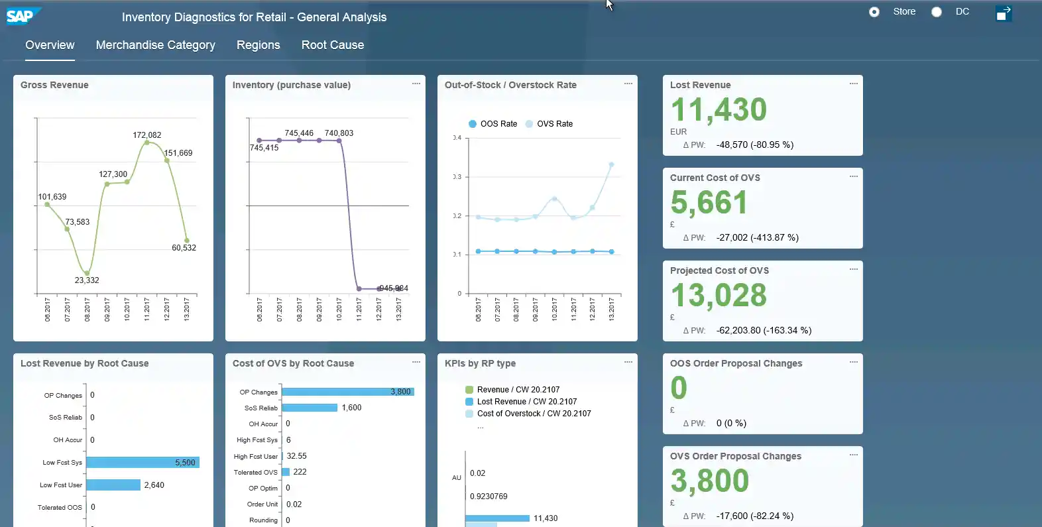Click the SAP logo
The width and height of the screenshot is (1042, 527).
[x=21, y=16]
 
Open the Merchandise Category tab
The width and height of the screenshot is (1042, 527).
[x=155, y=45]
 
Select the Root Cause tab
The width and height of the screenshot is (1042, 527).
[x=332, y=45]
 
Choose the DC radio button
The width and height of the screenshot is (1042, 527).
[x=937, y=12]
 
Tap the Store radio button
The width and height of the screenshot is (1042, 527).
[x=874, y=12]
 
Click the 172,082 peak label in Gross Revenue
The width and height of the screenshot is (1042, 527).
[x=146, y=135]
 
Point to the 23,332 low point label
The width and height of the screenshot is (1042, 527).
[x=87, y=280]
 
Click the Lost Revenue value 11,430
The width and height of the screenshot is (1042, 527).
[x=719, y=110]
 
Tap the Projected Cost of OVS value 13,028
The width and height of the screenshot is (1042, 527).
[x=719, y=296]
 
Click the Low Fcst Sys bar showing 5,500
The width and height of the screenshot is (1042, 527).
[x=142, y=463]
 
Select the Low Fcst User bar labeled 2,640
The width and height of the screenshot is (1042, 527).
[x=113, y=485]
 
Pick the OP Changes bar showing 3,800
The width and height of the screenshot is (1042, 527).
[x=347, y=392]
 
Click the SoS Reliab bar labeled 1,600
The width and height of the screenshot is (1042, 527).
[x=310, y=408]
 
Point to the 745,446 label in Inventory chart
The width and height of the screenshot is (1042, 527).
[x=299, y=133]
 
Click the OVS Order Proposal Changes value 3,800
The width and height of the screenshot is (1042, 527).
[x=709, y=481]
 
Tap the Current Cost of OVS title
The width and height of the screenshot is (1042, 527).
[x=715, y=178]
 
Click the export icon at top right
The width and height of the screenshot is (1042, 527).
[x=1004, y=13]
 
